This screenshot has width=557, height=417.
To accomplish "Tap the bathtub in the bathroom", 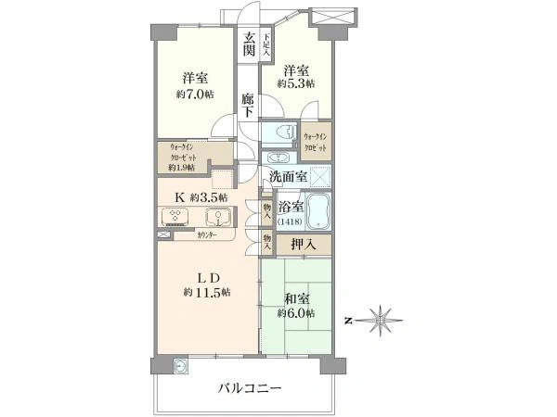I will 321,213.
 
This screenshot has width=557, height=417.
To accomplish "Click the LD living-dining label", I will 206,277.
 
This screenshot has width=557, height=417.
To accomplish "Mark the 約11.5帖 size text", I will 207,293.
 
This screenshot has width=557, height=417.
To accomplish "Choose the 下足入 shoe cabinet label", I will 266,45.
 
